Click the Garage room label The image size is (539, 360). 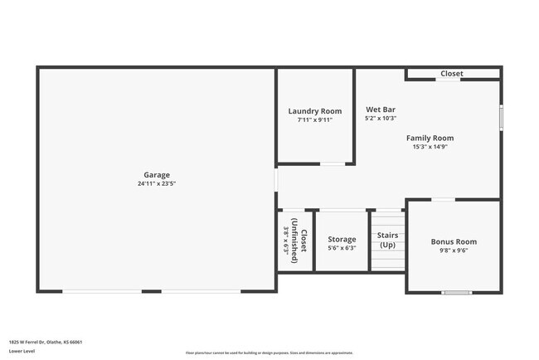click(x=157, y=174)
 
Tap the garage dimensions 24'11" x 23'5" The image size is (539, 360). click(x=157, y=183)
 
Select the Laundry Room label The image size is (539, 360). click(x=315, y=111)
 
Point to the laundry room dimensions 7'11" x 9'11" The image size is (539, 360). click(x=315, y=119)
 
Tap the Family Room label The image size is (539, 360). click(x=430, y=138)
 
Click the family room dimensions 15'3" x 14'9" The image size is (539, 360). click(x=430, y=147)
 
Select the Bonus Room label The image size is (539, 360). click(x=454, y=241)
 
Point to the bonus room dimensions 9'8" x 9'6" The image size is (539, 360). click(x=454, y=251)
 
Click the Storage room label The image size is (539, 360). click(x=342, y=239)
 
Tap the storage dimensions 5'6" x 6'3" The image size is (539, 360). click(x=342, y=248)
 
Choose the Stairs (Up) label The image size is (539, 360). click(x=388, y=241)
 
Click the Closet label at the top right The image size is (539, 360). click(x=452, y=74)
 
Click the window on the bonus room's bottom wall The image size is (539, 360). click(x=456, y=292)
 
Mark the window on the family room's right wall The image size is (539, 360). click(x=500, y=117)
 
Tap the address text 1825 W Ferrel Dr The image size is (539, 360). click(x=46, y=342)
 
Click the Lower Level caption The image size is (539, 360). click(x=22, y=351)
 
